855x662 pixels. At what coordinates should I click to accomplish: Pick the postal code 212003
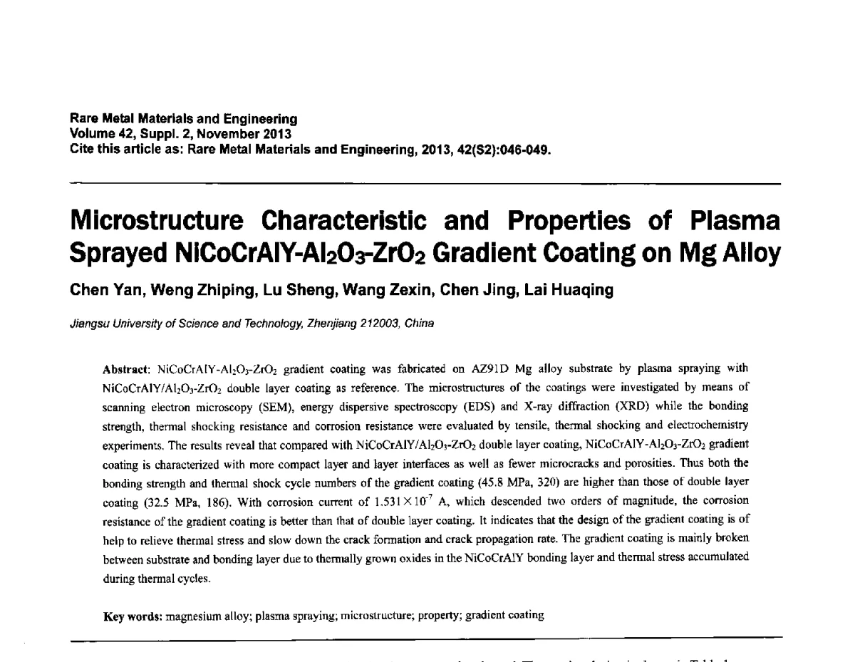377,323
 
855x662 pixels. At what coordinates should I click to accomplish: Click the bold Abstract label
125,369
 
